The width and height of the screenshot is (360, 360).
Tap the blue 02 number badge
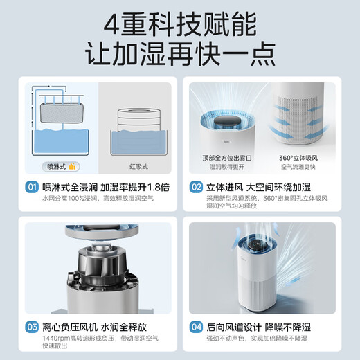(195, 186)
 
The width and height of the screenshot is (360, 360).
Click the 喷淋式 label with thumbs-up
(60, 166)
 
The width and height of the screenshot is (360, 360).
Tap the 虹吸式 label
(136, 166)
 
